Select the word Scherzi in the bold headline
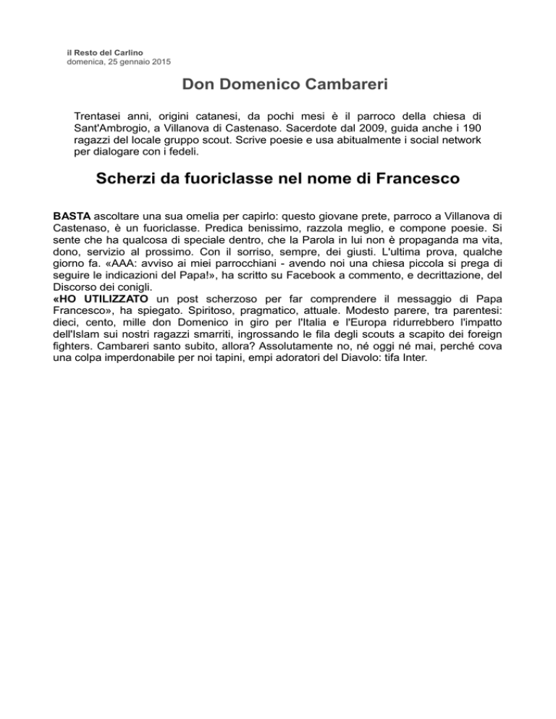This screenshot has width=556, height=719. (x=127, y=177)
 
